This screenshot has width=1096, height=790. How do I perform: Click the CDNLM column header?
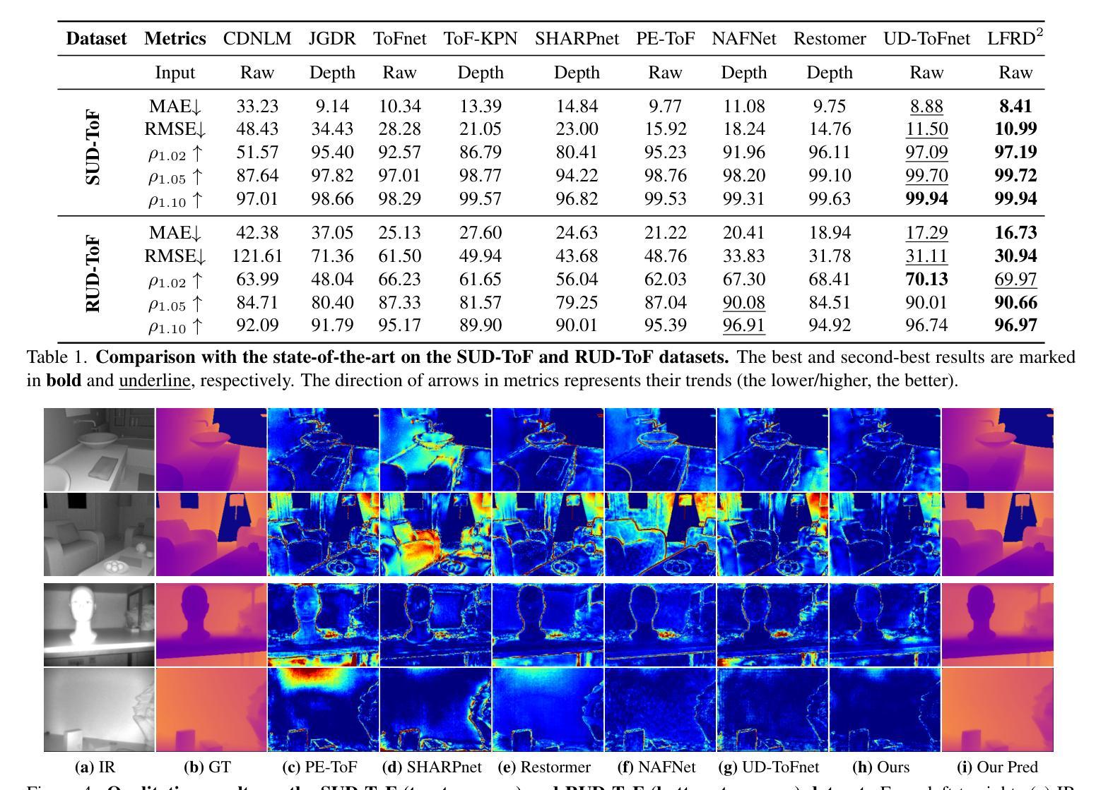pos(257,39)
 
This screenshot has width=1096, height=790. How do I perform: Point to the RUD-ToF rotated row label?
pos(93,275)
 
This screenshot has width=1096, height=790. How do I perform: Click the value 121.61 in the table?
pos(257,256)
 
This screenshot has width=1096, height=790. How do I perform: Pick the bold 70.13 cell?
pos(926,279)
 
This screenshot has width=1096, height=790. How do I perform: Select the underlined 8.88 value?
pos(926,106)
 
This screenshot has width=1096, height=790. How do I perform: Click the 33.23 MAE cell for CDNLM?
pos(257,106)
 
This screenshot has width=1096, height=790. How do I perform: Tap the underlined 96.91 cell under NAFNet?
pos(743,325)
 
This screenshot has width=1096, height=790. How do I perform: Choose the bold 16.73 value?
pos(1015,232)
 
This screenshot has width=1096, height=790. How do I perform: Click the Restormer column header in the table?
pos(829,39)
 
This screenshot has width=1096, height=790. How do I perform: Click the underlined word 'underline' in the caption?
pos(154,381)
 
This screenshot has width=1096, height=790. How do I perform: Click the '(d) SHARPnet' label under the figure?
pos(432,767)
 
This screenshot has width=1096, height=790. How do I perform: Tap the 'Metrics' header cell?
pos(175,39)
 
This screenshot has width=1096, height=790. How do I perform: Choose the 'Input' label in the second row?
pos(175,73)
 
